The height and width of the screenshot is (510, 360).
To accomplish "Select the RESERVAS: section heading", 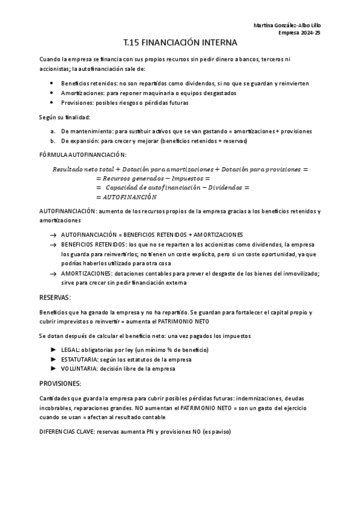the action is pos(55,297).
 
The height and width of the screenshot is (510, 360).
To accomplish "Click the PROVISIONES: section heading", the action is pos(60,383).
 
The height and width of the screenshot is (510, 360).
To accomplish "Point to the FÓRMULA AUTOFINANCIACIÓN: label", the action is pos(79,155).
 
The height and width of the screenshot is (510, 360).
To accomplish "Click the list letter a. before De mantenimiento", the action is pos(54,131).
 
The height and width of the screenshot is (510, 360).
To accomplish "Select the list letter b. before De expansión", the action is pos(54,141).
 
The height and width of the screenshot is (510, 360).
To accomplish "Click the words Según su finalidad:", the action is pos(64,117).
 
